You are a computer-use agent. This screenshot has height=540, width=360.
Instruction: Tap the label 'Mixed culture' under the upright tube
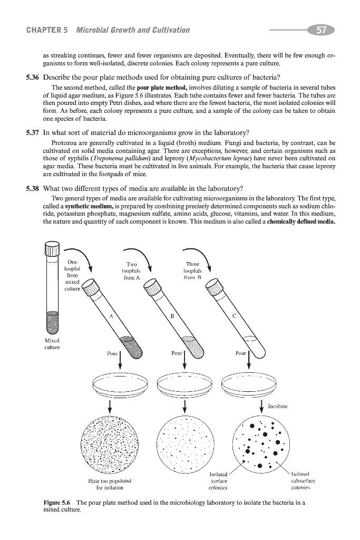pos(52,344)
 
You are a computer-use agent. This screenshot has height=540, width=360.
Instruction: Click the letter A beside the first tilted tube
pos(112,316)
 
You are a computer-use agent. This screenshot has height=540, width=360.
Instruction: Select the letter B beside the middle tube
pos(172,316)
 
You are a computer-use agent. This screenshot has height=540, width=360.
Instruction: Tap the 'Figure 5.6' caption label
pos(59,503)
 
